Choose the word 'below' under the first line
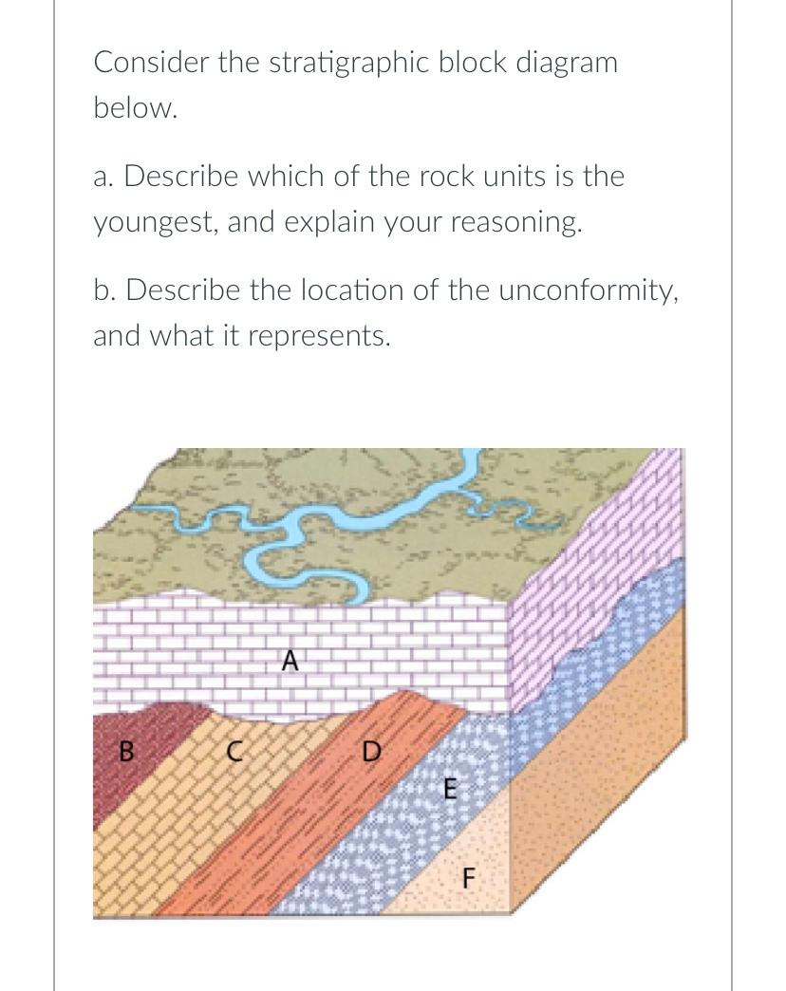tap(135, 108)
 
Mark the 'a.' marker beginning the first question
tap(105, 177)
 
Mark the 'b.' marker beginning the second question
tap(105, 290)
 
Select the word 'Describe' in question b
tap(184, 290)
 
